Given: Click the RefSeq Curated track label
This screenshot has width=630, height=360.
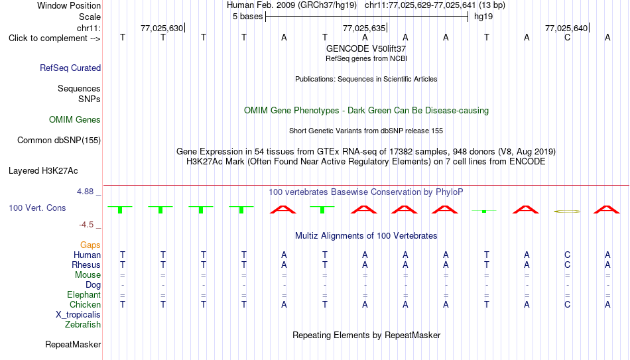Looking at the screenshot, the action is click(x=70, y=68).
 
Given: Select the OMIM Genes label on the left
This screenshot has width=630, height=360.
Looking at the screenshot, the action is click(x=75, y=120).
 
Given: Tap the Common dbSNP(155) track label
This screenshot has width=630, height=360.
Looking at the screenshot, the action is click(x=59, y=141).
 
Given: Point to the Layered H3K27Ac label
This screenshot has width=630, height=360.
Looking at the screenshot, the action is click(x=43, y=171).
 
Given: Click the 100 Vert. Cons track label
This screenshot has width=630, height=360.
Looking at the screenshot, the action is click(x=37, y=208).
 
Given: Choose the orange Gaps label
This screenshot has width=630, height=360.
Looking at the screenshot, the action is click(x=90, y=245).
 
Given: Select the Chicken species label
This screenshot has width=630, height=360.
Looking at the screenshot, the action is click(x=85, y=304).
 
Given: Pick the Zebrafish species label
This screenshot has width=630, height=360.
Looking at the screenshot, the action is click(x=83, y=324).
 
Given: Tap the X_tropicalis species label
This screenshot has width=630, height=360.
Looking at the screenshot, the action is click(x=78, y=315).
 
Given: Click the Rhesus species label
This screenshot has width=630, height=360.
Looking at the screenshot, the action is click(x=86, y=265).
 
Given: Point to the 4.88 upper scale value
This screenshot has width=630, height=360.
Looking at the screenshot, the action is click(x=85, y=192).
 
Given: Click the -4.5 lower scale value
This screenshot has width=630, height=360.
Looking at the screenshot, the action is click(x=86, y=225).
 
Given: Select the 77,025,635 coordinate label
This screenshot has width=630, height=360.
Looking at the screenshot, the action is click(x=364, y=28).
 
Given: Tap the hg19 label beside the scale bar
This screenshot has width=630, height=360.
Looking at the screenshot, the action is click(x=483, y=17).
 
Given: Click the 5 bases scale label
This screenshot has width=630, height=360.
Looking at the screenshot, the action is click(x=247, y=17).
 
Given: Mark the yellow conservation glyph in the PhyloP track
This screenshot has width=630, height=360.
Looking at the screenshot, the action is click(x=567, y=211).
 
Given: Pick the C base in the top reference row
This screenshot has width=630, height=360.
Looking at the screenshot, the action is click(x=567, y=38).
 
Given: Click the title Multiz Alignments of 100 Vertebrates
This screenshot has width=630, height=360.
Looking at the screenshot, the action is click(x=366, y=236).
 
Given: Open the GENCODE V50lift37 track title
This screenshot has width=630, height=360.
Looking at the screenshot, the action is click(x=366, y=48).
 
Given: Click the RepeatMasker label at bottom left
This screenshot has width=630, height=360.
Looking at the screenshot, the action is click(x=73, y=344).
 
